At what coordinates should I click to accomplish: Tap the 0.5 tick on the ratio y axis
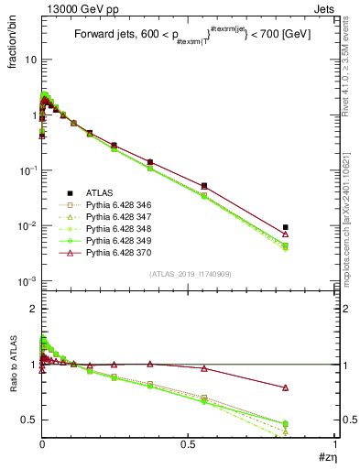(28, 420)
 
